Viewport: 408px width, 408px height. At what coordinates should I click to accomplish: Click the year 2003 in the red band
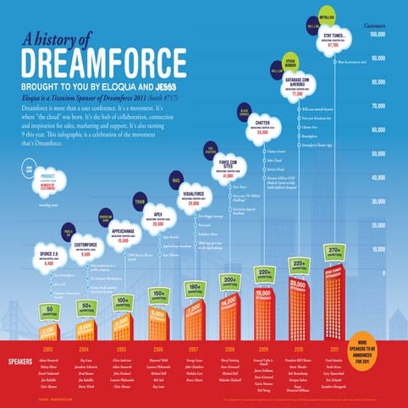pyautogui.click(x=50, y=349)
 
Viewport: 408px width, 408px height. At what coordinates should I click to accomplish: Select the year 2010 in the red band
pyautogui.click(x=299, y=349)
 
